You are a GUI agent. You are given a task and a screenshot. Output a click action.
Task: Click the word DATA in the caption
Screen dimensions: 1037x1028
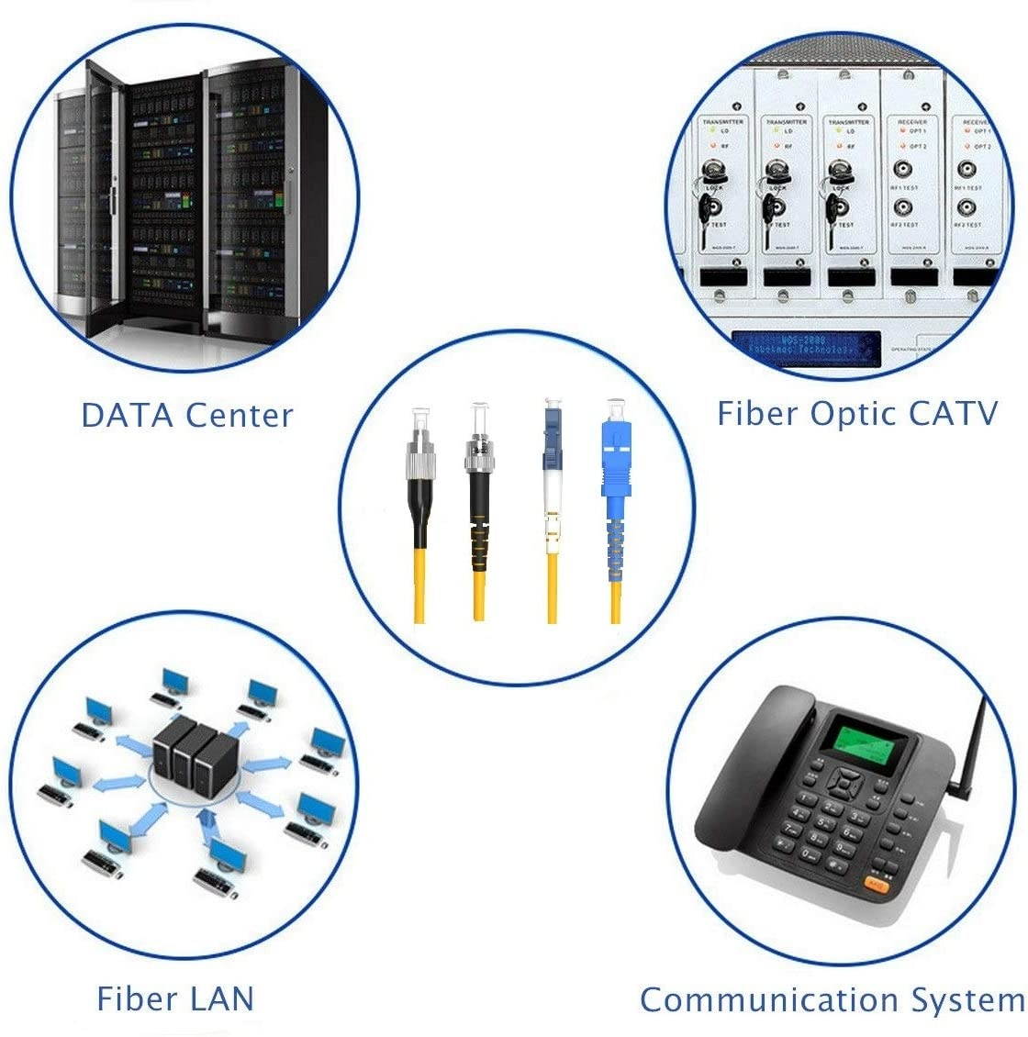pos(128,415)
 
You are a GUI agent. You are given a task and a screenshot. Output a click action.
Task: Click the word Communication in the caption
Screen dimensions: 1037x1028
pos(768,999)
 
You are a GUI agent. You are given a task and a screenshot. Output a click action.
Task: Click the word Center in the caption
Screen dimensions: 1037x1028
pos(239,415)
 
